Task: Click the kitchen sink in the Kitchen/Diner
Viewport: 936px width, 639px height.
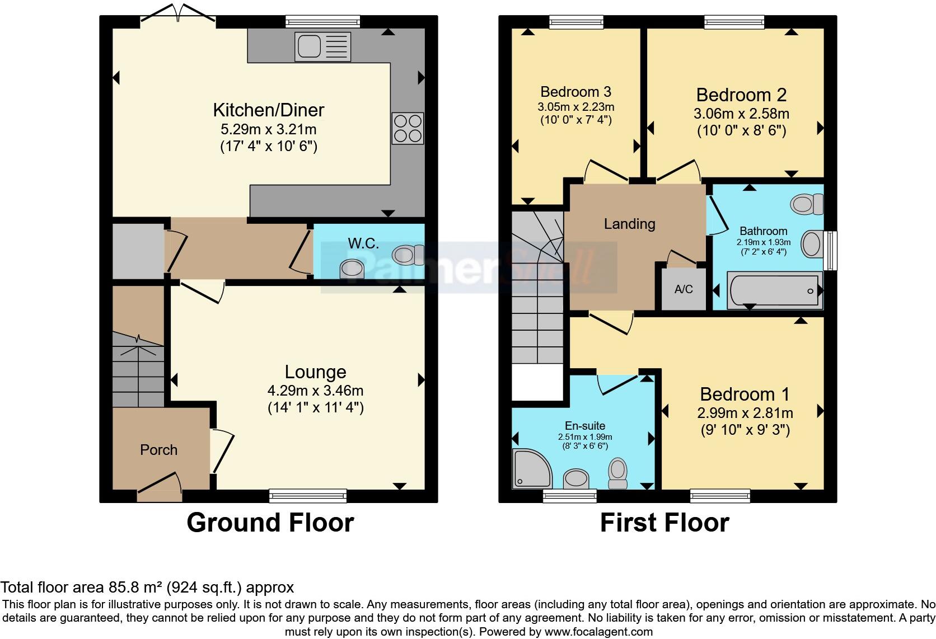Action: (322, 46)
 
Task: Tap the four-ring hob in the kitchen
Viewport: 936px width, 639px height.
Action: (408, 128)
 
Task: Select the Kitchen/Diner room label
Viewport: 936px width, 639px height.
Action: (269, 110)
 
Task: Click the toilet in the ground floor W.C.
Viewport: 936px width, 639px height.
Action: (408, 255)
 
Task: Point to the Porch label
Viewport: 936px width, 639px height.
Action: (159, 450)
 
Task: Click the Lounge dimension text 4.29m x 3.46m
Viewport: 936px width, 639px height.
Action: (316, 391)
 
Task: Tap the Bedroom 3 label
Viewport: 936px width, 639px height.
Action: (576, 91)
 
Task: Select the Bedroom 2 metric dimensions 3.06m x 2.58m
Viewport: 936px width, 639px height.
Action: (742, 114)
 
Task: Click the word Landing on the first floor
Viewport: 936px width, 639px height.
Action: (630, 224)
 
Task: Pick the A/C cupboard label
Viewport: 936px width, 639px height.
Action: (684, 289)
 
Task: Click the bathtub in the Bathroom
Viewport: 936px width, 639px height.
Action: (775, 290)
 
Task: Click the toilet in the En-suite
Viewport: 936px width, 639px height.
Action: (618, 473)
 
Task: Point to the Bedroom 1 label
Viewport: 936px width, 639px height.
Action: (745, 394)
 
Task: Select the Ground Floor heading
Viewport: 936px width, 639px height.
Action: (270, 523)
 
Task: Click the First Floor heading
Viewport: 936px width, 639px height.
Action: (665, 523)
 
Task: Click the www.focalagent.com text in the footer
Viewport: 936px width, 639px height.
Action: (598, 632)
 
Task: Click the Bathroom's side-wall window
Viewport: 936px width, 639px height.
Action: (830, 251)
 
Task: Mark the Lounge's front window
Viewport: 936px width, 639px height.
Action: (308, 496)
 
